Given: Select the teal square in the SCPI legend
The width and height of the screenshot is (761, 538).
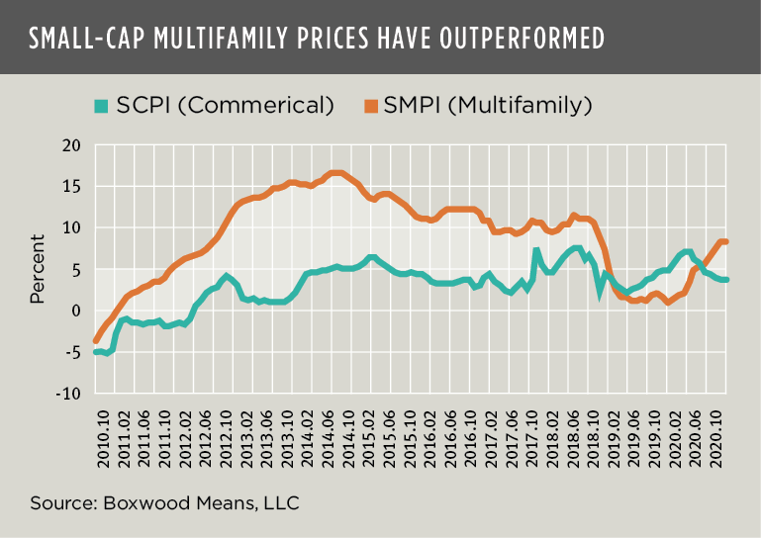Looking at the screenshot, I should (x=99, y=104).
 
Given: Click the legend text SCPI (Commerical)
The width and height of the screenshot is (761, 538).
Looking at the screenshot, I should (x=223, y=104).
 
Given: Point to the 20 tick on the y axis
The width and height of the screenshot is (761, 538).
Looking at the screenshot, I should (x=70, y=145).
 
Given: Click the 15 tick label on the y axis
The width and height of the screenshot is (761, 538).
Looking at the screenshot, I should (x=71, y=187).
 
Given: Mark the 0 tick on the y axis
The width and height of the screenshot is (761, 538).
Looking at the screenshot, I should (x=75, y=311).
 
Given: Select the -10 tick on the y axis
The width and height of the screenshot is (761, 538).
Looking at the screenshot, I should (x=67, y=394).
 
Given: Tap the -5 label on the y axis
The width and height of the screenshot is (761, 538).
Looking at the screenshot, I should (x=70, y=352).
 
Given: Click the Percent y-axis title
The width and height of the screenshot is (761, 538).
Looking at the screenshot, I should (x=38, y=269).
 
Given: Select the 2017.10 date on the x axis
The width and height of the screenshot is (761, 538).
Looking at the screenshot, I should (x=535, y=436).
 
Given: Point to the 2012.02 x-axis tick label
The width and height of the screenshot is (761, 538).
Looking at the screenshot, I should (x=185, y=436).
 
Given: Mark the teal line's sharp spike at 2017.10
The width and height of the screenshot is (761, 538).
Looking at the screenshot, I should (x=536, y=251).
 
